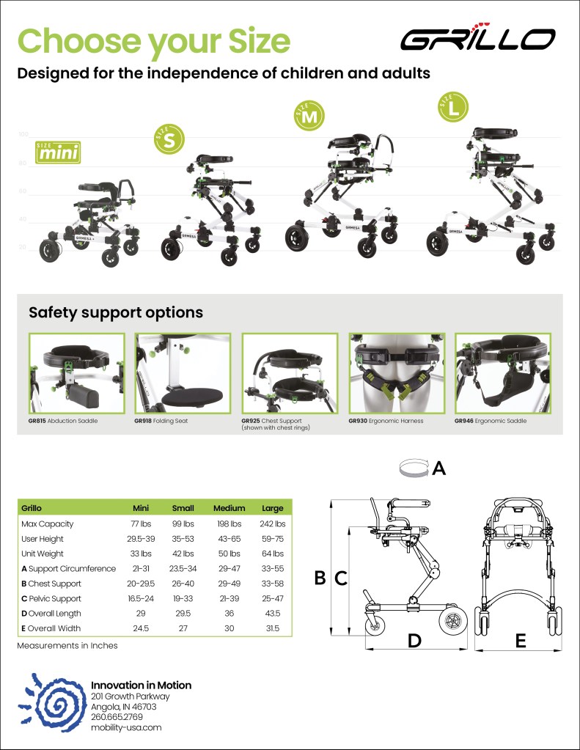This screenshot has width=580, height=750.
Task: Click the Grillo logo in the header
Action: (477, 38)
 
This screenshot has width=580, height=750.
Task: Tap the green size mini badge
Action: (57, 152)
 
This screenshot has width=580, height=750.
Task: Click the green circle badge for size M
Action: (310, 117)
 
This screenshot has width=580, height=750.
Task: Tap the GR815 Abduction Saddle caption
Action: (63, 422)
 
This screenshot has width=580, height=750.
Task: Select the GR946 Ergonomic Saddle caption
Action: (491, 422)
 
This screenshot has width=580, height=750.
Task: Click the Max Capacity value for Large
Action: (272, 524)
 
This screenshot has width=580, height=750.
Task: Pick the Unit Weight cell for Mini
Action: (141, 554)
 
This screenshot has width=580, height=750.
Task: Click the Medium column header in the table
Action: (229, 508)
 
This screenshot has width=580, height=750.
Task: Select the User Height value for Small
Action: (183, 539)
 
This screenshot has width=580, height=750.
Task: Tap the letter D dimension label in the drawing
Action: (414, 640)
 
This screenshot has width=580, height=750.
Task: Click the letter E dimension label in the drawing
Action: (521, 641)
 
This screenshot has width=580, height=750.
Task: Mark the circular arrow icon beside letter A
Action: (413, 468)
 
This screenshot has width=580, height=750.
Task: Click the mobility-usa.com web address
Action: (125, 727)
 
